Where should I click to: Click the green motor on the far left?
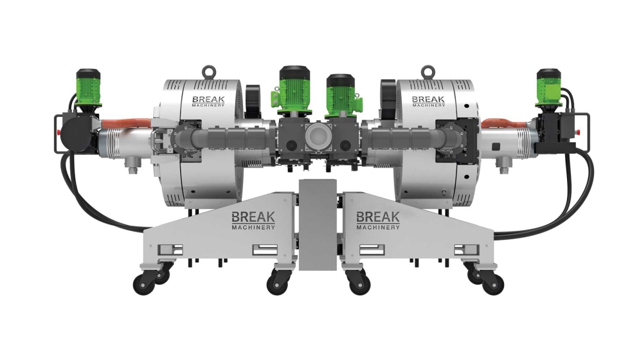[x=88, y=90]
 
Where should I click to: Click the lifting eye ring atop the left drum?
[x=208, y=72]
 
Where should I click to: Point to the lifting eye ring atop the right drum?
[x=427, y=72]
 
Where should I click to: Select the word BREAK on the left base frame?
[x=253, y=217]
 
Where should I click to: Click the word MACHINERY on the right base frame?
[x=378, y=227]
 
